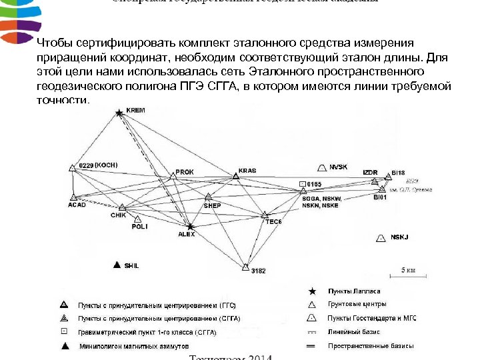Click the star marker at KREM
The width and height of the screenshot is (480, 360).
[x=119, y=113]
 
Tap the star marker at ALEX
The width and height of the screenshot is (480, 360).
[x=190, y=227]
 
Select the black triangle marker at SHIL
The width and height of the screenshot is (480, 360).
[x=118, y=265]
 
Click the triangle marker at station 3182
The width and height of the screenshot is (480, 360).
[x=245, y=268]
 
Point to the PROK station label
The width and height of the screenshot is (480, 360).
[x=185, y=172]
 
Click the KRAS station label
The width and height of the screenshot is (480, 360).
[x=247, y=171]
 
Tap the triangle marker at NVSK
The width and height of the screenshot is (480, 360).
[x=323, y=167]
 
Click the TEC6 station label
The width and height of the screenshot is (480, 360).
[x=274, y=221]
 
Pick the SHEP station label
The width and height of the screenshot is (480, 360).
[x=212, y=206]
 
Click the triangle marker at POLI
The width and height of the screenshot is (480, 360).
[x=137, y=219]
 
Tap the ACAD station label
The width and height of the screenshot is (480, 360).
[x=77, y=205]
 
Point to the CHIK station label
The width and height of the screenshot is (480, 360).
[x=118, y=215]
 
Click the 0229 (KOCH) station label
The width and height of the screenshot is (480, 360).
[x=99, y=164]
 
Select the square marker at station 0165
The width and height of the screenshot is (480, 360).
[x=303, y=183]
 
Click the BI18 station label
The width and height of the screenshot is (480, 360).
[x=398, y=172]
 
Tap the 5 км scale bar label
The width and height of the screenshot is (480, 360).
[x=408, y=269]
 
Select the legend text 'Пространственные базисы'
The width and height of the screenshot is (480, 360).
[x=371, y=346]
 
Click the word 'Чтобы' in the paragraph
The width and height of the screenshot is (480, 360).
[x=55, y=43]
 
